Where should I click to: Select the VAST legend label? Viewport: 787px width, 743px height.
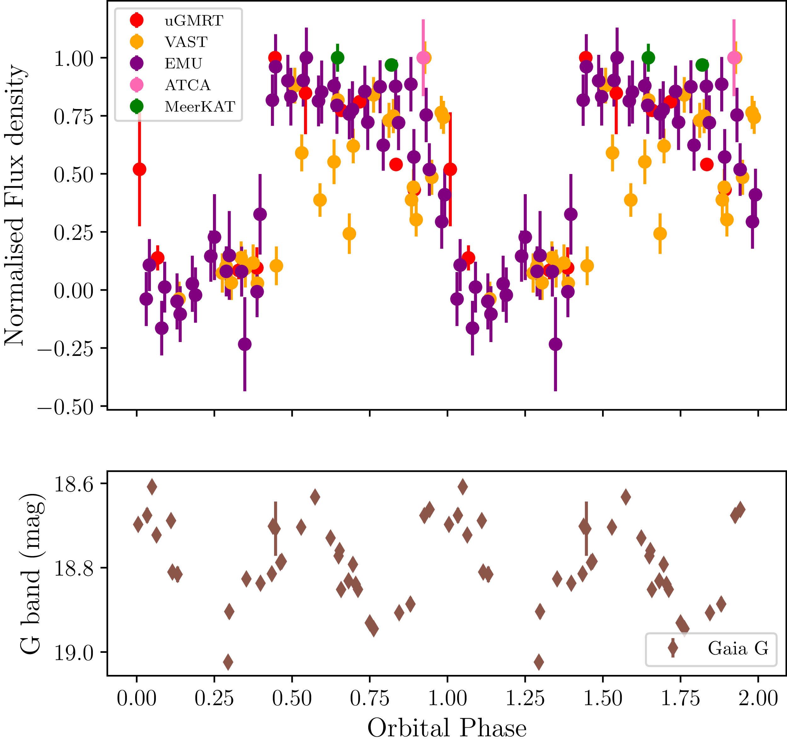(186, 42)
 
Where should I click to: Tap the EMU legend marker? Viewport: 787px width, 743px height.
(137, 63)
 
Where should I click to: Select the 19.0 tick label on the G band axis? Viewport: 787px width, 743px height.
(74, 652)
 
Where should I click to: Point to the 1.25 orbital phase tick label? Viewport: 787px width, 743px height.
(525, 698)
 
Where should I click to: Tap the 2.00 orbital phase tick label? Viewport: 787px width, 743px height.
(758, 698)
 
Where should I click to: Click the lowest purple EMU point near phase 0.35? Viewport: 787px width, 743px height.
(245, 344)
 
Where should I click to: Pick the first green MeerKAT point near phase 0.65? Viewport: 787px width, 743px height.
(337, 58)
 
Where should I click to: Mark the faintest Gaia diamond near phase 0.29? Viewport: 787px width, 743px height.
(228, 661)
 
